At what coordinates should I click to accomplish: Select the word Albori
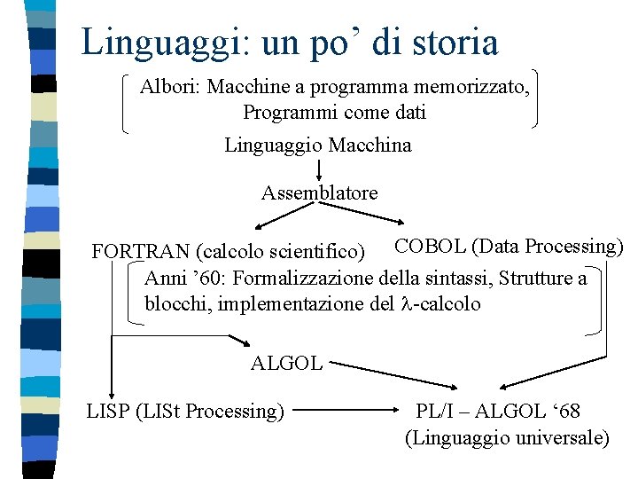[x=167, y=88]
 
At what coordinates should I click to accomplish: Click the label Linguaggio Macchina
[x=317, y=145]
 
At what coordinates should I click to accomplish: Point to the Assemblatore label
[x=319, y=192]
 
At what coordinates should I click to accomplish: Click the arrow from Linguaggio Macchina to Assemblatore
[x=318, y=169]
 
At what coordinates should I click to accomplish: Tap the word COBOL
[x=430, y=246]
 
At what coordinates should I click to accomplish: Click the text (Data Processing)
[x=548, y=246]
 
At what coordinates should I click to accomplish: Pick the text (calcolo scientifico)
[x=281, y=253]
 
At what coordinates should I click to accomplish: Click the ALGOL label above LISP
[x=286, y=362]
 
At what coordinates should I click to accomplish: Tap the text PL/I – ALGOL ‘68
[x=498, y=411]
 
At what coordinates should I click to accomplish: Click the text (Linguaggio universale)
[x=507, y=437]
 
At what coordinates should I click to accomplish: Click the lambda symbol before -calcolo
[x=407, y=304]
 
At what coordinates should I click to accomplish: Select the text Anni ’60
[x=181, y=279]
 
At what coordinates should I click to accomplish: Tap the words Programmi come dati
[x=334, y=113]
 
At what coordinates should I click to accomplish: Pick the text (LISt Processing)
[x=210, y=411]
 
